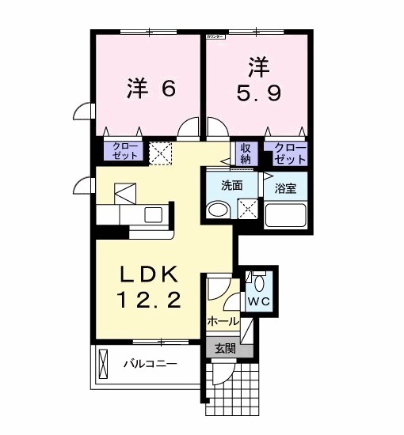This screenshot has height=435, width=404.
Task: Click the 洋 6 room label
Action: [x=150, y=88]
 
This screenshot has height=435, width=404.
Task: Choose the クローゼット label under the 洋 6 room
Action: [x=124, y=150]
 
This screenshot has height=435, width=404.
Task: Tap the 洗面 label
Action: [x=231, y=187]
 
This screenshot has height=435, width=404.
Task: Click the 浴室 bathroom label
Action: [x=285, y=188]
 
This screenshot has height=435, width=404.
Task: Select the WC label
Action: [x=259, y=301]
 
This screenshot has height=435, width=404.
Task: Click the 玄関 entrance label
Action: [x=225, y=348]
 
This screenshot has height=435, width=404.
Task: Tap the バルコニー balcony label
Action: [x=150, y=364]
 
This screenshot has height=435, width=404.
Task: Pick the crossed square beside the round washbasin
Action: [x=248, y=210]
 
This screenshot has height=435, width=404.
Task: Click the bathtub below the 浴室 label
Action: [x=285, y=215]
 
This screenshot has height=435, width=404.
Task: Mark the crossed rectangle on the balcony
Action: [x=104, y=365]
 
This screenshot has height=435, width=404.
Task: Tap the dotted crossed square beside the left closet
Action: [x=162, y=152]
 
